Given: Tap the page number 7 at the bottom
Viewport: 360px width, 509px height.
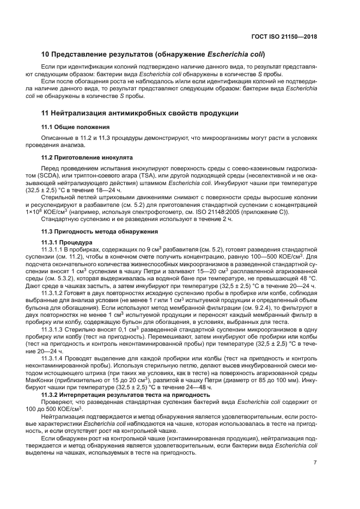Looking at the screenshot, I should (315, 463).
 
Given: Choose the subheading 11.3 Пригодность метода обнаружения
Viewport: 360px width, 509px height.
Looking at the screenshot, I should (96, 232).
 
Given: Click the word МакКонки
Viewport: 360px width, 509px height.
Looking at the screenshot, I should (57, 372).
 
